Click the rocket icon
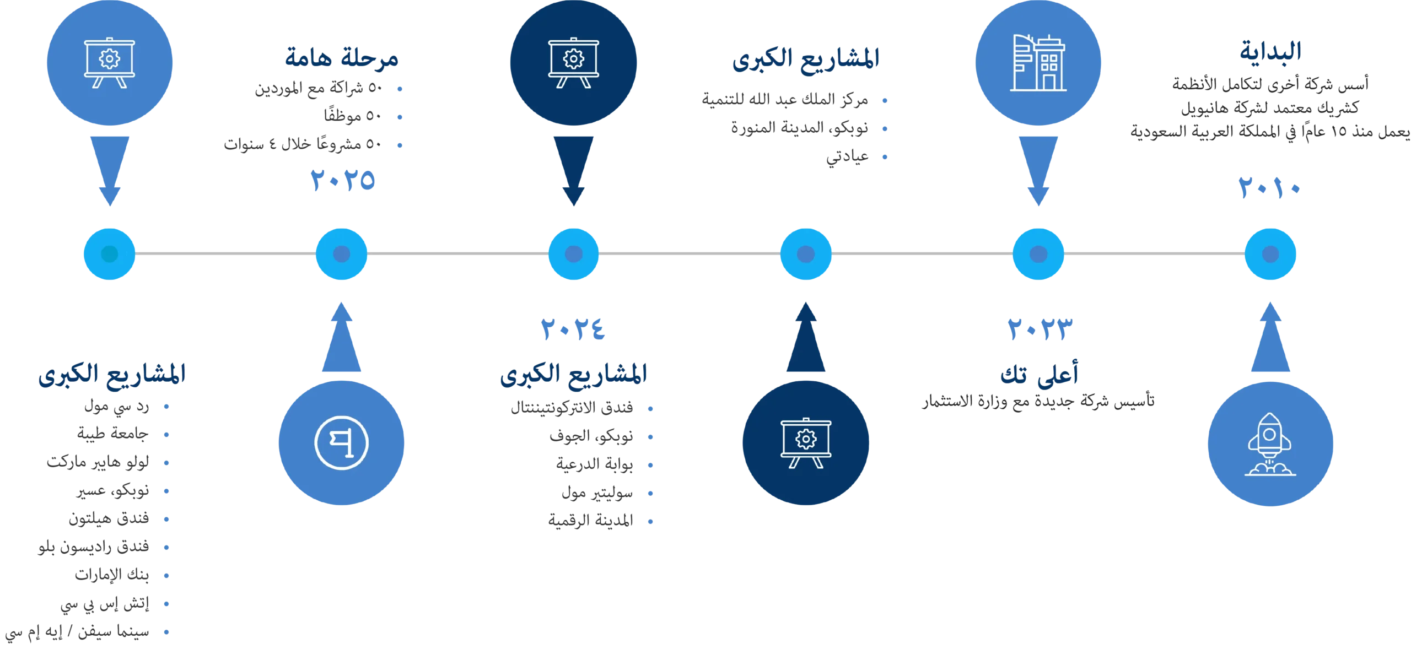click(x=1269, y=444)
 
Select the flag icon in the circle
click(x=341, y=443)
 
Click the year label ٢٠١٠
click(x=1269, y=189)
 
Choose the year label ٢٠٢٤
click(x=573, y=330)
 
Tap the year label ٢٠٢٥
click(x=342, y=181)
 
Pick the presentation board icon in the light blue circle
click(x=109, y=62)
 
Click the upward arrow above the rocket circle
click(x=1269, y=339)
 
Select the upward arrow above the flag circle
click(x=341, y=339)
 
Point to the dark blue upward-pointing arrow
click(x=806, y=339)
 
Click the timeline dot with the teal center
click(x=109, y=254)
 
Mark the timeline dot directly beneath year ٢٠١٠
click(x=1270, y=254)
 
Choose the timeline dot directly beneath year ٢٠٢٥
click(x=341, y=254)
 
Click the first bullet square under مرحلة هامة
click(x=401, y=88)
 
